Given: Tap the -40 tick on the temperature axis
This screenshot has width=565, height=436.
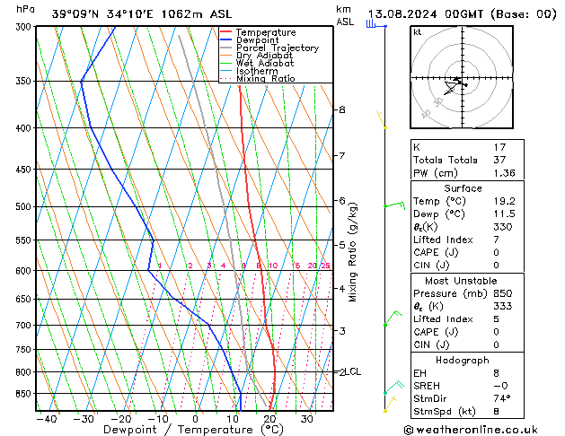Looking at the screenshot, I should pyautogui.click(x=46, y=419).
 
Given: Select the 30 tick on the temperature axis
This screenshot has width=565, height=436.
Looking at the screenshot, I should pyautogui.click(x=306, y=419).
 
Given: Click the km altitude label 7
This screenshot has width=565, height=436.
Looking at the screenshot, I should pyautogui.click(x=341, y=156).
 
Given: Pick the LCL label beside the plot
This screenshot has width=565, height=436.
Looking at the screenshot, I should pyautogui.click(x=353, y=371).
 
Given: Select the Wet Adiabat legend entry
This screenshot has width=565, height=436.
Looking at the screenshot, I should pyautogui.click(x=267, y=63).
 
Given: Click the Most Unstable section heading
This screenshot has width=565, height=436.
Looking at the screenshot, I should pyautogui.click(x=463, y=281).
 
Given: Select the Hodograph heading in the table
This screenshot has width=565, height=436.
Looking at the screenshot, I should pyautogui.click(x=463, y=360).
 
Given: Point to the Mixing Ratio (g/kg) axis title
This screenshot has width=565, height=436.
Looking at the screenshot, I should pyautogui.click(x=353, y=252).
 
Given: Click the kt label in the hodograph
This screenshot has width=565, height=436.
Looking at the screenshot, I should pyautogui.click(x=418, y=32).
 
